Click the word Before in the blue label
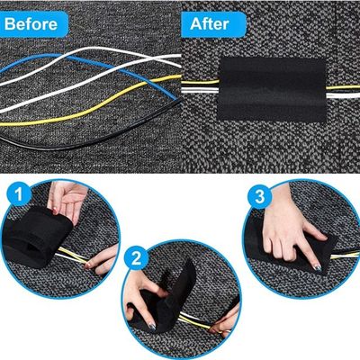point(31,24)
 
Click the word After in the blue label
point(210,23)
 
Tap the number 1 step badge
point(19,193)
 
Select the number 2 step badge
point(137,258)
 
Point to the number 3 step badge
point(260,197)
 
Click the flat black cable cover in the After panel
point(272,89)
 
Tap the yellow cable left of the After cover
point(201,82)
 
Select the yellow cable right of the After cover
point(343,87)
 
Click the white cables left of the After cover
point(201,90)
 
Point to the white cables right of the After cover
point(343,95)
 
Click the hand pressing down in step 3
point(288,228)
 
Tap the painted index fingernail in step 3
point(317,268)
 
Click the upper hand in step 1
point(67,200)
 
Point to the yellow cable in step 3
point(345,256)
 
